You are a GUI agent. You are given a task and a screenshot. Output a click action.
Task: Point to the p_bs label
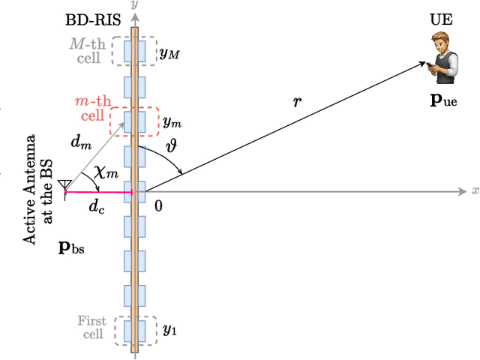tap(72, 247)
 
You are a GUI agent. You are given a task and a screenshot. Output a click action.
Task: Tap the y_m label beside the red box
tap(172, 121)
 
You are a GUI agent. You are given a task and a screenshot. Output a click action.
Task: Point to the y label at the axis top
tap(135, 4)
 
